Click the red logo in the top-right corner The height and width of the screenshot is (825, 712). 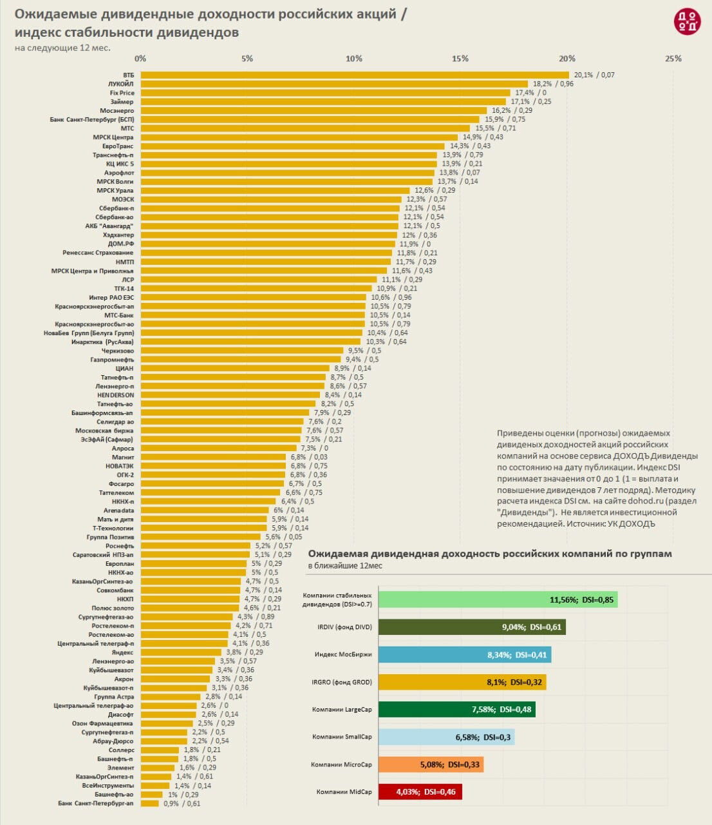[687, 22]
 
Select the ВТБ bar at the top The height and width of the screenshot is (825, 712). [354, 75]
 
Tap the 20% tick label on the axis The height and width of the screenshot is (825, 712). [567, 59]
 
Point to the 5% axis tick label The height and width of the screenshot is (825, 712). [247, 59]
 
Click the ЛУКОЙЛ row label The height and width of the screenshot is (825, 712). [121, 84]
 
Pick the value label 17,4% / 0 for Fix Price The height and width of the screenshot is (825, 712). [530, 93]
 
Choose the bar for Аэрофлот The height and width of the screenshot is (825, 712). [288, 173]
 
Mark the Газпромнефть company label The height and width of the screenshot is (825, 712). [112, 360]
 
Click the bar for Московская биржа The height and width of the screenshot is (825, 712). [221, 431]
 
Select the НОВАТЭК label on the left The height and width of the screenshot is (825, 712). [120, 466]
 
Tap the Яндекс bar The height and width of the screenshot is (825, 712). [181, 652]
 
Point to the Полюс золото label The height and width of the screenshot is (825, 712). [113, 608]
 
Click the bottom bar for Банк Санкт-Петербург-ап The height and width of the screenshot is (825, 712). [149, 803]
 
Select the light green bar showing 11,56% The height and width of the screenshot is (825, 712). [498, 599]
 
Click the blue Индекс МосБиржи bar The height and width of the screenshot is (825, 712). [464, 655]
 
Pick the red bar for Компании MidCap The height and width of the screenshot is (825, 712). [420, 791]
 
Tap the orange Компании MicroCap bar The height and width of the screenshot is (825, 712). [431, 764]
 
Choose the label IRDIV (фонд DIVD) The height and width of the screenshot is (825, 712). [344, 627]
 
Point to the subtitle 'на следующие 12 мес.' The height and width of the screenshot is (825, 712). [62, 48]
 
